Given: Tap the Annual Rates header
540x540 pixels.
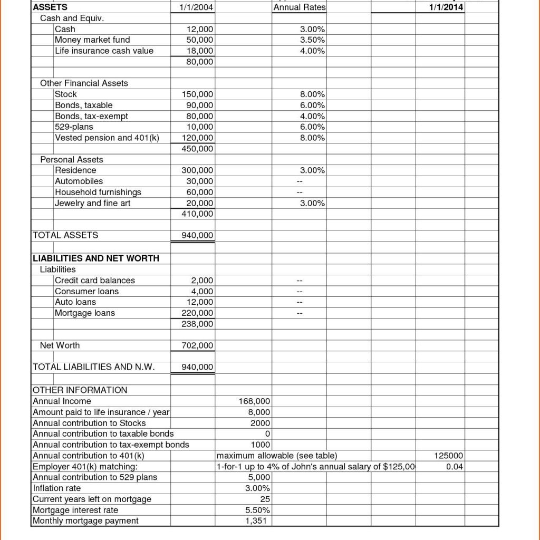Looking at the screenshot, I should click(300, 7).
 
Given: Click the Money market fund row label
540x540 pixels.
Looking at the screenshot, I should click(92, 40).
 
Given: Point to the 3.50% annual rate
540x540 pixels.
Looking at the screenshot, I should click(312, 40).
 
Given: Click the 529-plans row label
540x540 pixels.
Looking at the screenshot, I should click(74, 127).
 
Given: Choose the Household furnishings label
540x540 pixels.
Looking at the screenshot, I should click(98, 192).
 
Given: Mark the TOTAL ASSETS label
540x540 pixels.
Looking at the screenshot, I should click(65, 235).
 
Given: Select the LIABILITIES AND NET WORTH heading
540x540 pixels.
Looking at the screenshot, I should click(96, 258).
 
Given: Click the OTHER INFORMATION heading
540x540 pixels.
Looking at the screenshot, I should click(80, 390).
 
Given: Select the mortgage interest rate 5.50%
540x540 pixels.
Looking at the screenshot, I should click(258, 510).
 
